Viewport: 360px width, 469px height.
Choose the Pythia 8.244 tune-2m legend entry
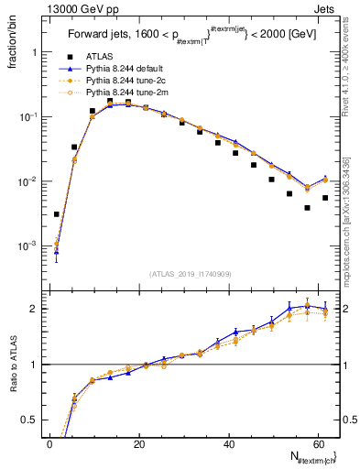click(124, 93)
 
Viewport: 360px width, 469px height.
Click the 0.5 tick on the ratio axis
click(32, 420)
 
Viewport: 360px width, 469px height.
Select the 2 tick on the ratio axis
click(37, 309)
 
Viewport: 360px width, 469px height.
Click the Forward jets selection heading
click(191, 38)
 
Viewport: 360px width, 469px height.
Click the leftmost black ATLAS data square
click(57, 214)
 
